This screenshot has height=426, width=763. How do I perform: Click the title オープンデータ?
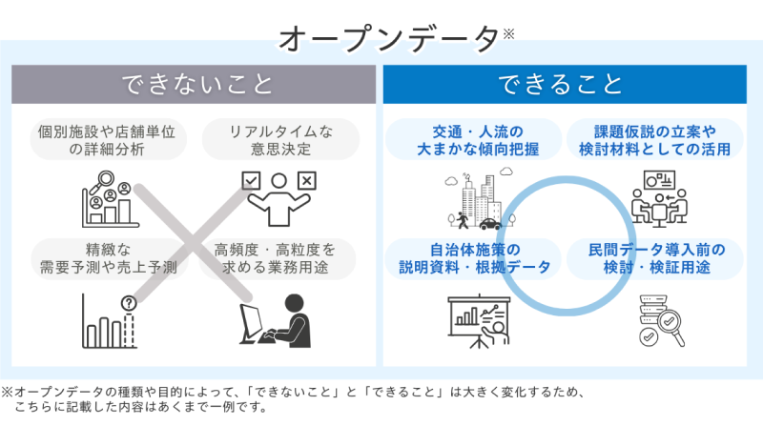(389, 38)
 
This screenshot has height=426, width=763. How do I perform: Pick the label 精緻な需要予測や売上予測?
(105, 257)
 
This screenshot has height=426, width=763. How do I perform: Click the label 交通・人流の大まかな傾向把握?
(472, 139)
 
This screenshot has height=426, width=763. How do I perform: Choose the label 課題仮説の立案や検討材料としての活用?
(654, 139)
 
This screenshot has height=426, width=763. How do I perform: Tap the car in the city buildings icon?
(489, 226)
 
